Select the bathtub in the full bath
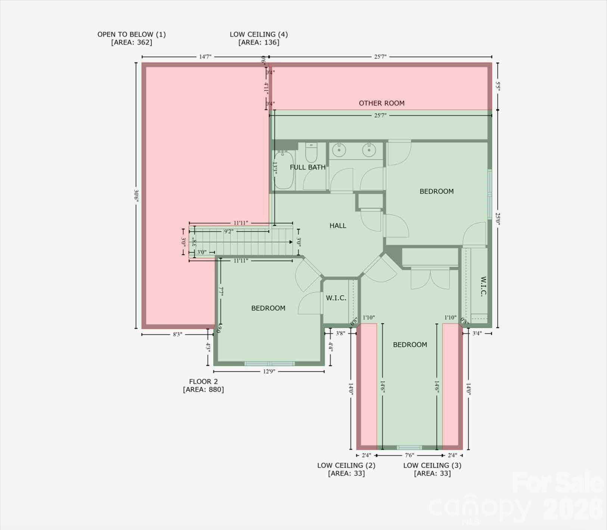284,170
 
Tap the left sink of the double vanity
339,150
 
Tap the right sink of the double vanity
369,150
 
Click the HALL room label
337,225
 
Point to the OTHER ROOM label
382,103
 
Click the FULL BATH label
307,167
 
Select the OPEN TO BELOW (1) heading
131,34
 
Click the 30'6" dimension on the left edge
136,196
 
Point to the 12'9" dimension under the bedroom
269,371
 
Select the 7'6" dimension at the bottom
409,455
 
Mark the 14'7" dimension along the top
205,57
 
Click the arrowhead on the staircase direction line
291,242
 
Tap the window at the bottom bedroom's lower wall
409,448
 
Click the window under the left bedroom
270,364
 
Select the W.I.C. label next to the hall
336,298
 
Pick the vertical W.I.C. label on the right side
483,286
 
